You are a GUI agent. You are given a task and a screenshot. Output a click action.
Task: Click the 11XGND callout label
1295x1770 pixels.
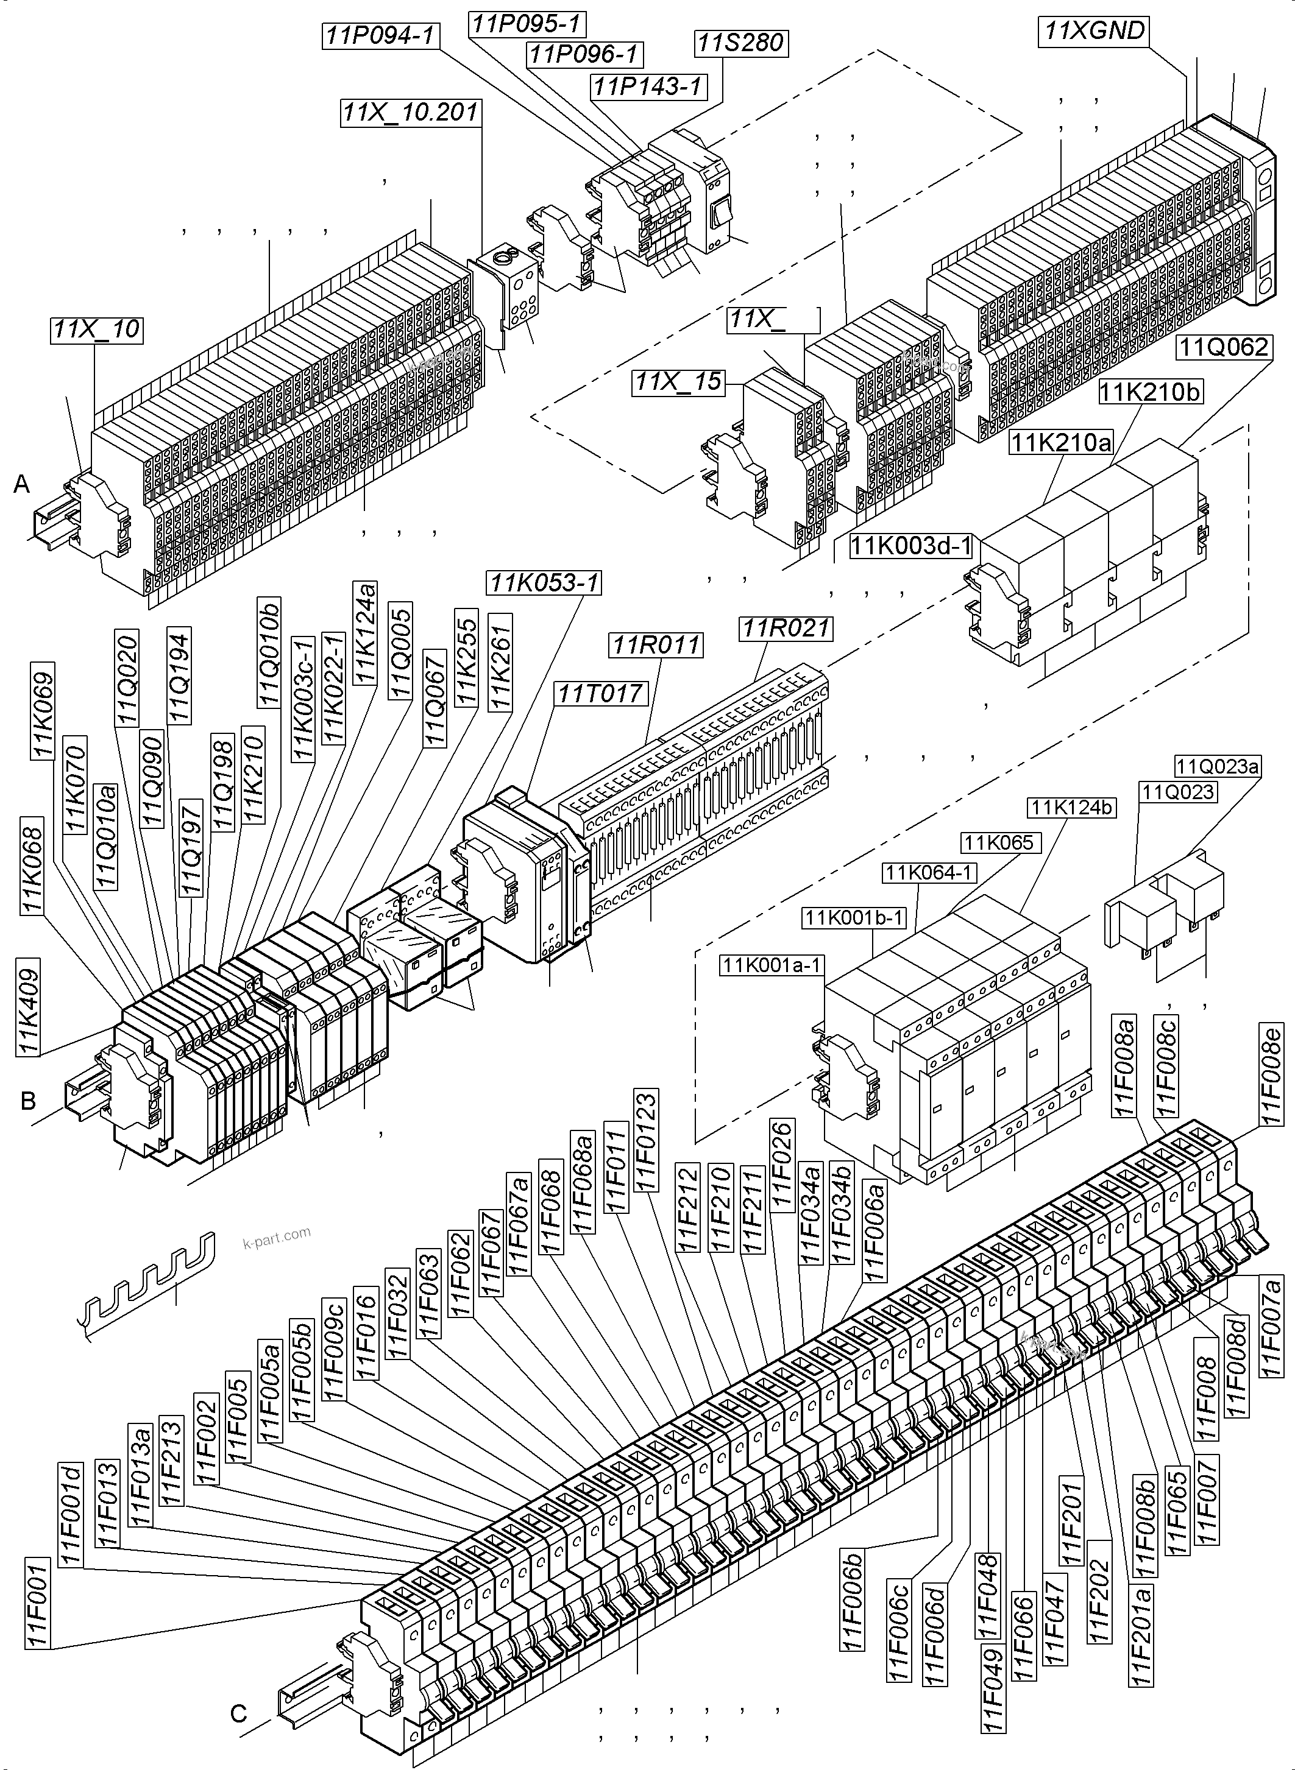(1095, 31)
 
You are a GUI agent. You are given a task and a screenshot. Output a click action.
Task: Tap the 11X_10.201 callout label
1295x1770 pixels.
(410, 112)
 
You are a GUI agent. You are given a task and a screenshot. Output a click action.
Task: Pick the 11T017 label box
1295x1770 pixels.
(600, 693)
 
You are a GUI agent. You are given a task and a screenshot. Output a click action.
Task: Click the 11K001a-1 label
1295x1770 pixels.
(772, 965)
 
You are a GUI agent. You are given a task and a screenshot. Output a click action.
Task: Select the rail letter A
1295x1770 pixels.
(22, 485)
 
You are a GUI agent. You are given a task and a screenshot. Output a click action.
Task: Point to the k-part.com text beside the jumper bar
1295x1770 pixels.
(277, 1237)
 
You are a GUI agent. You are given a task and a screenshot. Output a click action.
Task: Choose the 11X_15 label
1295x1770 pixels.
(679, 381)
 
